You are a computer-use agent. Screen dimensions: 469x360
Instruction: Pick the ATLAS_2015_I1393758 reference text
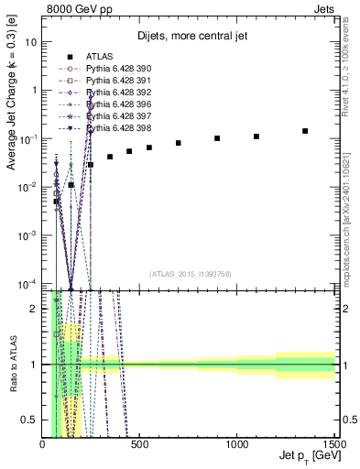(189, 274)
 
